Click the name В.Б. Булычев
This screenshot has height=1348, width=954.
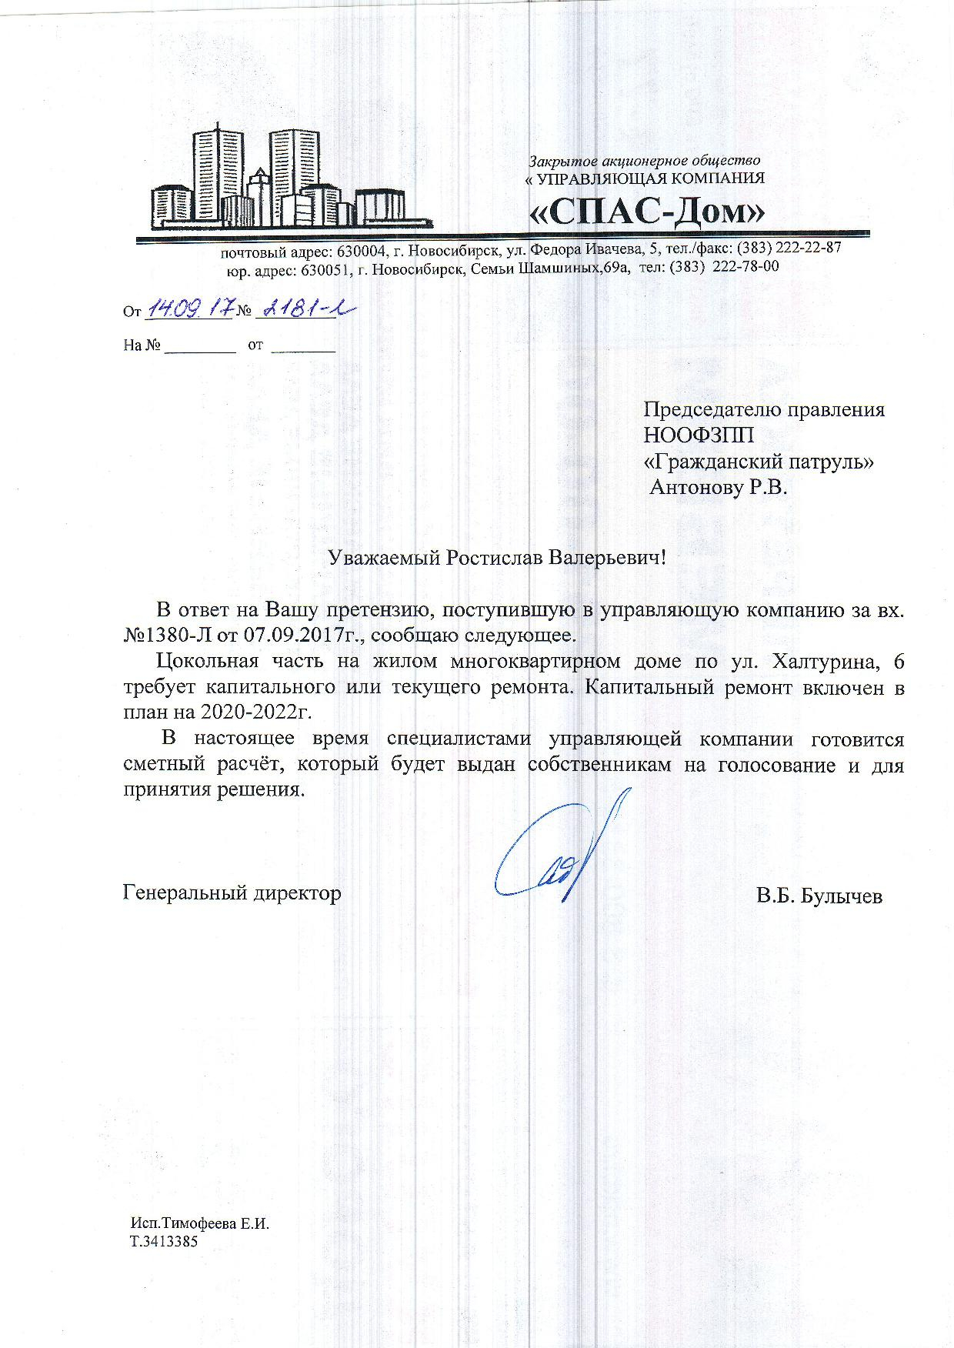[x=819, y=896]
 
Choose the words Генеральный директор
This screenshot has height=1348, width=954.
[x=232, y=893]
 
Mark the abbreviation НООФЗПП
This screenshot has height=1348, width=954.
[x=699, y=435]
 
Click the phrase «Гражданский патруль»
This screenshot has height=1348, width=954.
[x=759, y=462]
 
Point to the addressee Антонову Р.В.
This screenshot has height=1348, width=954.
[x=719, y=488]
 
